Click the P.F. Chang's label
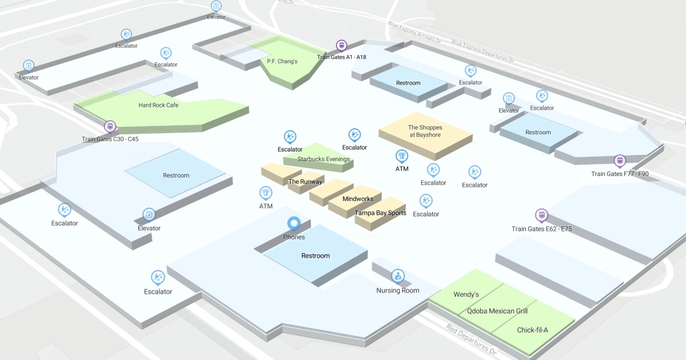coord(282,61)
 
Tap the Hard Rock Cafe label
coord(158,105)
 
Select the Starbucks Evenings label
coord(324,159)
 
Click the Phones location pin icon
coord(294,223)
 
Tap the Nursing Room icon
coord(397,277)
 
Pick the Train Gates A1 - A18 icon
coord(341,45)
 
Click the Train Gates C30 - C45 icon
coord(109,126)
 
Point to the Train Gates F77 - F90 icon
coord(620,161)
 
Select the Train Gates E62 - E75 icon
coord(541,215)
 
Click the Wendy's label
coord(466,294)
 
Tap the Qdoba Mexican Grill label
coord(497,311)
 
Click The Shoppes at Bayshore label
coord(425,131)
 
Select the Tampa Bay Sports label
coord(380,213)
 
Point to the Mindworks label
coord(358,199)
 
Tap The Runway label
coord(305,182)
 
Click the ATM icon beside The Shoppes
coord(402,156)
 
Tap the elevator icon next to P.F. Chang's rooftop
coord(216,6)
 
